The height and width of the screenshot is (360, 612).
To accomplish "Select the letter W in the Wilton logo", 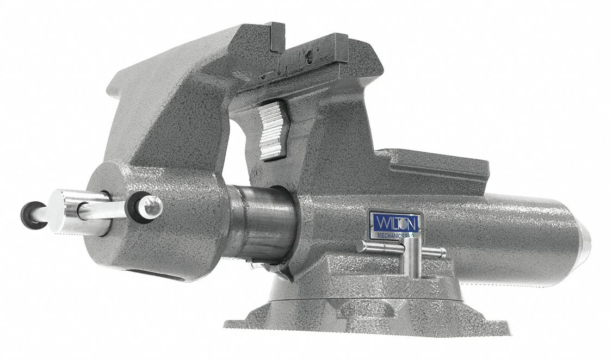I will coord(378,222).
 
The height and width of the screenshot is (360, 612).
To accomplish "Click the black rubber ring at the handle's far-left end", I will coord(29,213).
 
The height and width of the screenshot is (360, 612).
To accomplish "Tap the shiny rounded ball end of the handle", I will coord(153,204).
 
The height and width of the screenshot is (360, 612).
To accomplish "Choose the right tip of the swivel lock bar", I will coord(443,253).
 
